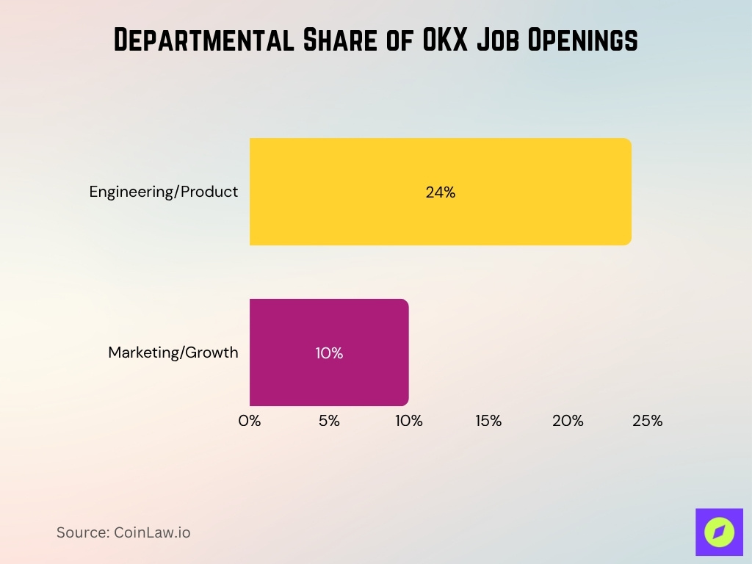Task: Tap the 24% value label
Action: [440, 192]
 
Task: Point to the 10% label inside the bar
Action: [329, 353]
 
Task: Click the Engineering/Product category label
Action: [164, 192]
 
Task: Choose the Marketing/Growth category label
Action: [173, 352]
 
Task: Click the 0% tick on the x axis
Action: [250, 422]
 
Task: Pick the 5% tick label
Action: [329, 422]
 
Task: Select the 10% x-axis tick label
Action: [408, 422]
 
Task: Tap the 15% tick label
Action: [488, 422]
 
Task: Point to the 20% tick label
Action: [568, 422]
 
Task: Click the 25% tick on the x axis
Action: [647, 422]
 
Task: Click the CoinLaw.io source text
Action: [152, 532]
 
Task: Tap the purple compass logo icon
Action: [719, 532]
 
